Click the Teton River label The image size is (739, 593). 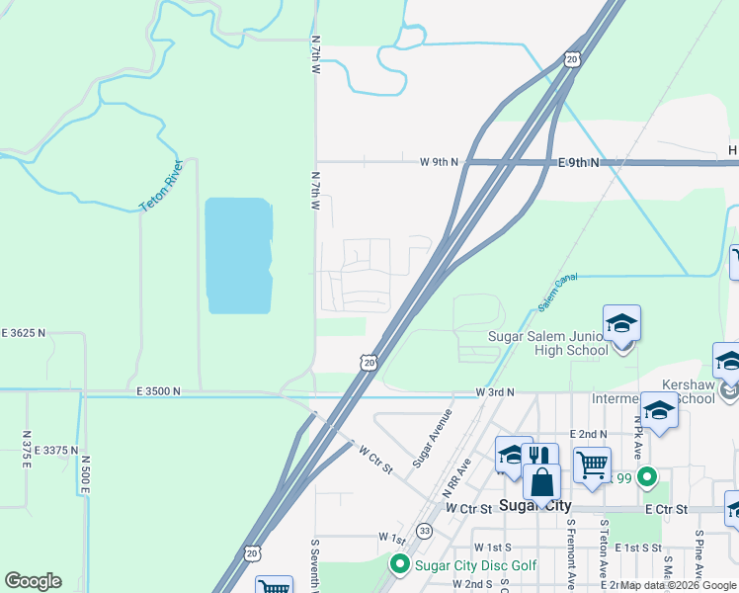click(161, 185)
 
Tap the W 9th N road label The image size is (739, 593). click(440, 161)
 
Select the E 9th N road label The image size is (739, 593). click(578, 161)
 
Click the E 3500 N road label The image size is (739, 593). click(160, 392)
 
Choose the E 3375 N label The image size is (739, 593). click(55, 450)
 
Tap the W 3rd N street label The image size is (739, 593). click(495, 392)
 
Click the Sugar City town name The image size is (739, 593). click(534, 505)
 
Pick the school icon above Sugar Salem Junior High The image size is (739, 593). click(621, 323)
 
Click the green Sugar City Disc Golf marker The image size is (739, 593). click(400, 565)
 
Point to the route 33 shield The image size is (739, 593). click(424, 531)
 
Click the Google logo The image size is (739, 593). click(33, 581)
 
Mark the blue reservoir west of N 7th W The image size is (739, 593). click(238, 255)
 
